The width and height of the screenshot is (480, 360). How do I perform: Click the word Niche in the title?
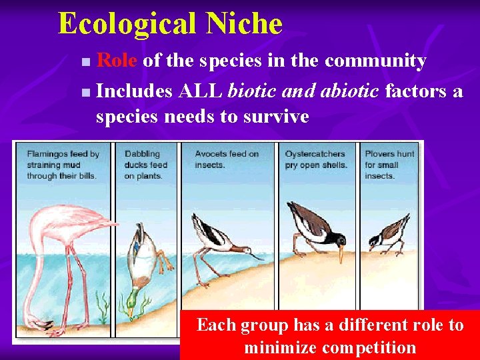tap(244, 24)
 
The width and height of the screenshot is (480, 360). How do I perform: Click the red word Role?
tap(117, 61)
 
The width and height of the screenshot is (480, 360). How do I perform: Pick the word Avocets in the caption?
tap(211, 154)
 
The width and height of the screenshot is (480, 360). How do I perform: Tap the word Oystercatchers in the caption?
tap(315, 154)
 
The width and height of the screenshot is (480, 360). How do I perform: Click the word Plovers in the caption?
tap(380, 154)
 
